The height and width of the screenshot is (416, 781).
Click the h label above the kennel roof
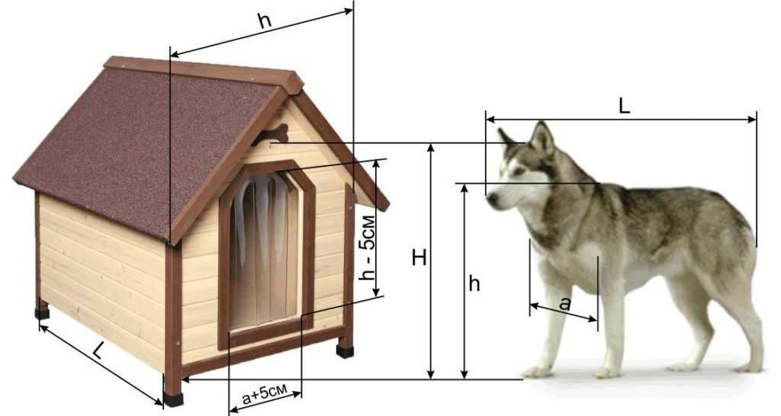265,21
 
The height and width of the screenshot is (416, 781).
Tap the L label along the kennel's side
99,352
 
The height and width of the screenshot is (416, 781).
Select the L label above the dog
624,105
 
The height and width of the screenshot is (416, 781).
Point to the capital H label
419,258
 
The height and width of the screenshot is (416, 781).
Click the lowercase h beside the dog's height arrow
474,283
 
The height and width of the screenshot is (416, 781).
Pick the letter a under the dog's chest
564,302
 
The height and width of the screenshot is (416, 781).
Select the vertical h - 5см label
368,248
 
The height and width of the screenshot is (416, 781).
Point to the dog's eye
519,170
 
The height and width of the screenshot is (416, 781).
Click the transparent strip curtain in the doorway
263,249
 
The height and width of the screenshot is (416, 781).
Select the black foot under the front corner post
173,399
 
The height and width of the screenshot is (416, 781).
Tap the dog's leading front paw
538,371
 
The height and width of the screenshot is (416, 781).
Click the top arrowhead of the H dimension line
432,148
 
